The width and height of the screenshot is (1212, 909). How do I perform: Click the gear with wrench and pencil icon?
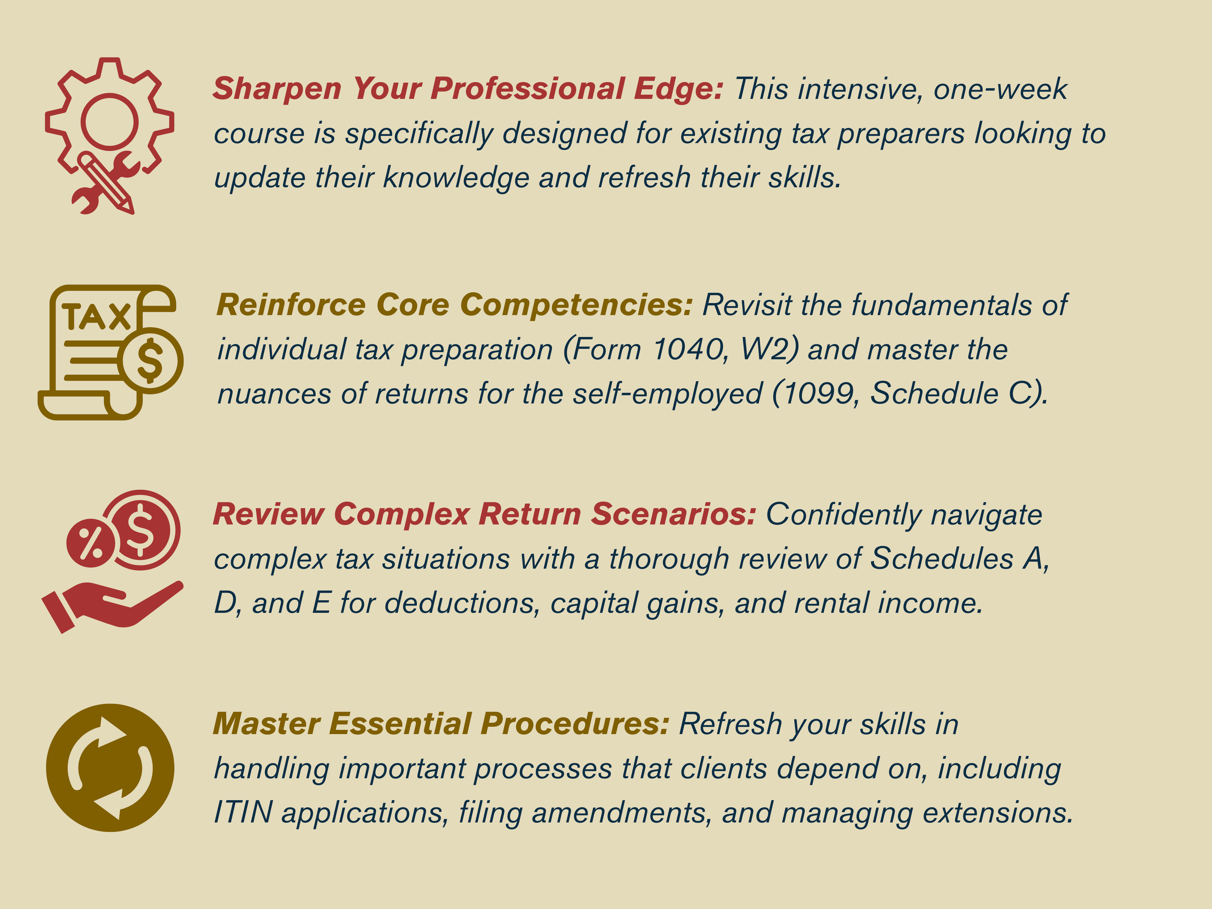pos(110,135)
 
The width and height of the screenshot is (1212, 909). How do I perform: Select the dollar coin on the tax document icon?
pos(150,360)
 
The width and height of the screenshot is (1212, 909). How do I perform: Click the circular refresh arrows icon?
pos(110,768)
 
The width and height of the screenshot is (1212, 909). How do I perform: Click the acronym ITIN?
pos(243,812)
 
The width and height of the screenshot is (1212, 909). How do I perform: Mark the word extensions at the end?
pos(997,812)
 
